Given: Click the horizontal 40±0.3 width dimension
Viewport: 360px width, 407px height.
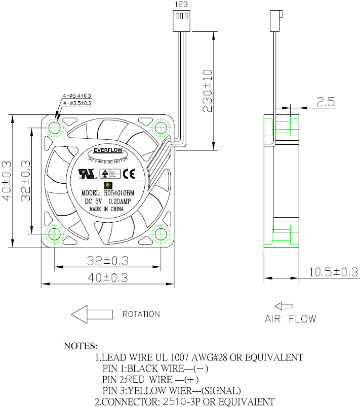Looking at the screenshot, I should pyautogui.click(x=108, y=277).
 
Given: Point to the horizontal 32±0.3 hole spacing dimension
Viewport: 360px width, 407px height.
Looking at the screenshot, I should pyautogui.click(x=108, y=261).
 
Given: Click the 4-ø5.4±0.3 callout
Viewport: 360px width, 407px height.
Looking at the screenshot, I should pyautogui.click(x=77, y=96).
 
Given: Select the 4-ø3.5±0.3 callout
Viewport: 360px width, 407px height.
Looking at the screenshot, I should pyautogui.click(x=77, y=103).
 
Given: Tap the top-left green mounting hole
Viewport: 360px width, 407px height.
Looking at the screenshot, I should pyautogui.click(x=54, y=127).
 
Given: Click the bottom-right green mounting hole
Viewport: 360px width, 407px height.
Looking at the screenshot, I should pyautogui.click(x=161, y=234).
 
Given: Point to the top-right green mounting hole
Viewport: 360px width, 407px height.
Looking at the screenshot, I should pyautogui.click(x=161, y=127).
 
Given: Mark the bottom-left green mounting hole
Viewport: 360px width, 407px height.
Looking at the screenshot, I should pyautogui.click(x=54, y=234).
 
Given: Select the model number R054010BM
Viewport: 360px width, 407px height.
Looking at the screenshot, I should pyautogui.click(x=119, y=193).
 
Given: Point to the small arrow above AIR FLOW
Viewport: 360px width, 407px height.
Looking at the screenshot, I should pyautogui.click(x=284, y=306).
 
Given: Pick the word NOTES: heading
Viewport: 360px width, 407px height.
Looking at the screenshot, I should pyautogui.click(x=80, y=346).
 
